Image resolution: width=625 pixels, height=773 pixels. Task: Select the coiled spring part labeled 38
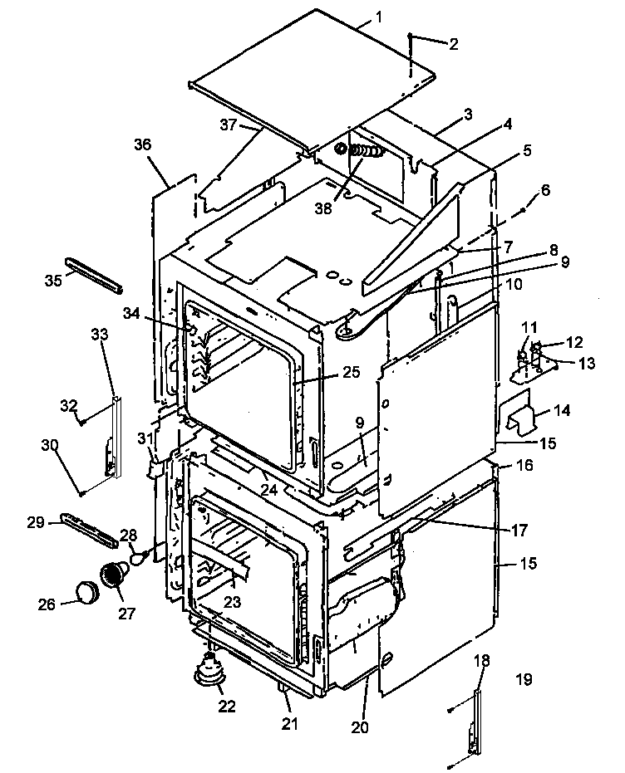[362, 152]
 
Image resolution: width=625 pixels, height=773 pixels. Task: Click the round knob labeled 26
[85, 593]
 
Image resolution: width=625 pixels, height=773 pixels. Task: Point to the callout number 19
[522, 679]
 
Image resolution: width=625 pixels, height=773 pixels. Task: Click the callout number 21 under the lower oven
[288, 723]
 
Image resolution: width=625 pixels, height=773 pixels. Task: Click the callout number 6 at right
[544, 190]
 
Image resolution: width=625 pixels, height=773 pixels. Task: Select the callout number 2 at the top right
[453, 44]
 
